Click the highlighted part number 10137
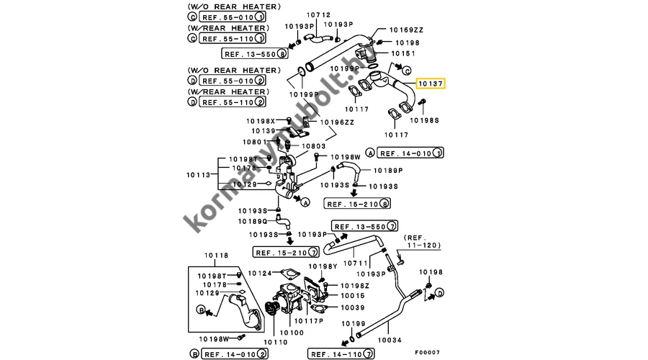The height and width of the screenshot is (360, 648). pyautogui.click(x=431, y=84)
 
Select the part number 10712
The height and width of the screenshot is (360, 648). pyautogui.click(x=317, y=15)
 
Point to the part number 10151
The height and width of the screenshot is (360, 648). pyautogui.click(x=403, y=53)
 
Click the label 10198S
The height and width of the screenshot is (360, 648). pyautogui.click(x=425, y=121)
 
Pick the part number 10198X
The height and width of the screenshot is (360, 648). pyautogui.click(x=261, y=121)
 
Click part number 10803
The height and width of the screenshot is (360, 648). pyautogui.click(x=314, y=147)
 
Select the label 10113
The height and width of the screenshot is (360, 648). pyautogui.click(x=198, y=174)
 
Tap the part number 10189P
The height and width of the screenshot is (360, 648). pyautogui.click(x=388, y=171)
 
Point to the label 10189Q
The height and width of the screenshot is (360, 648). pyautogui.click(x=253, y=221)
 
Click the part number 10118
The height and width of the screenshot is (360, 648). pyautogui.click(x=216, y=256)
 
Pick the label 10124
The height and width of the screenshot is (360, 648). pyautogui.click(x=260, y=274)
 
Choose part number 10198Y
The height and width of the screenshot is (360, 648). pyautogui.click(x=323, y=266)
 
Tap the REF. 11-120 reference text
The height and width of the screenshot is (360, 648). pyautogui.click(x=420, y=241)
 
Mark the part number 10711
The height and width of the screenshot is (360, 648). pyautogui.click(x=356, y=264)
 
